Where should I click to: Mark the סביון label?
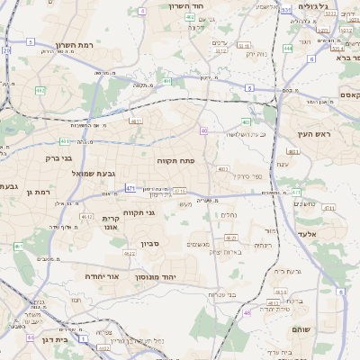[x=150, y=244]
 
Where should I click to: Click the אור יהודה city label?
[x=102, y=276]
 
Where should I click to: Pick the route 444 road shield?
[x=287, y=48]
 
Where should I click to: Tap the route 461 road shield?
[x=18, y=246]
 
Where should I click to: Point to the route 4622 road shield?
[x=130, y=254]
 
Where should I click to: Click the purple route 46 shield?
[x=247, y=312]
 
